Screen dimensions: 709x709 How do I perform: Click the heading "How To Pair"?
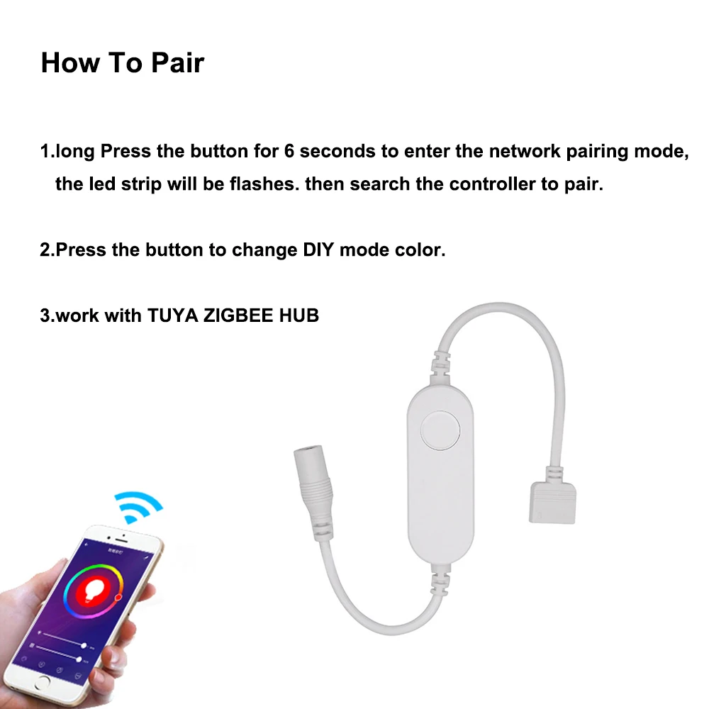point(123,62)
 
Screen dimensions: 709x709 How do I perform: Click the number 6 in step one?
point(289,151)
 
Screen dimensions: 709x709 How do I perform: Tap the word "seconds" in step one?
point(337,151)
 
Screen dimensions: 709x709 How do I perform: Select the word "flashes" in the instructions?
point(264,184)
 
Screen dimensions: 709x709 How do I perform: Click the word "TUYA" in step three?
point(172,316)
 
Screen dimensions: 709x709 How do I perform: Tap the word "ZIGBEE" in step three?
point(238,316)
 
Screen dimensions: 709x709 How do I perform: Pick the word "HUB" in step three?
point(299,316)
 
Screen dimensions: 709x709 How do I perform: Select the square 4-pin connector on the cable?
point(552,503)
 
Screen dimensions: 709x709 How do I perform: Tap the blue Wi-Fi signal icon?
point(137,506)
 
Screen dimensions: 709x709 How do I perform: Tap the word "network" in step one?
point(525,151)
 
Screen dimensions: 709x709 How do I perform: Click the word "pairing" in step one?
point(597,152)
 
